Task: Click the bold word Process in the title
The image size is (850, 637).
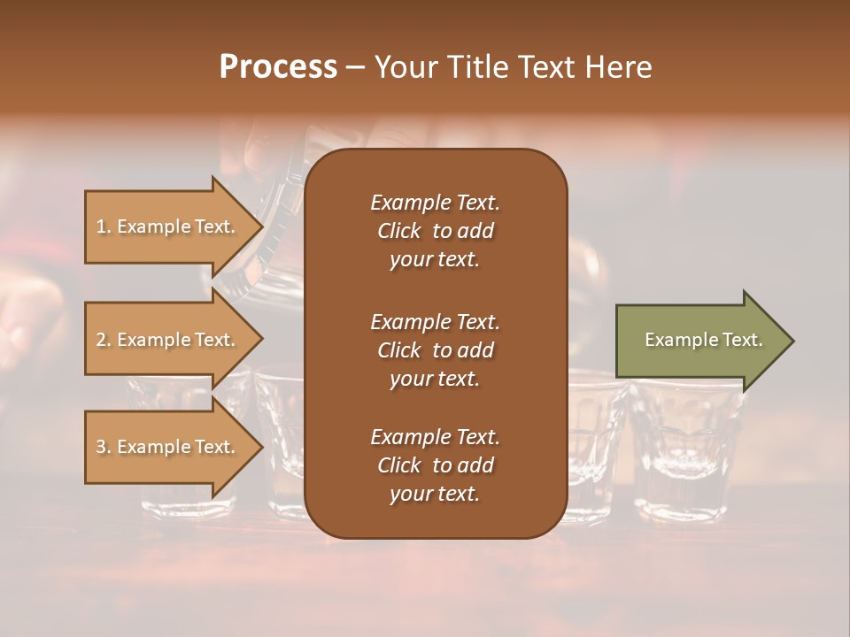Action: pos(278,67)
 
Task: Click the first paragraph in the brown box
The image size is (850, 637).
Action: pos(435,231)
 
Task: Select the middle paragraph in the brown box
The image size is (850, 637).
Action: pos(435,350)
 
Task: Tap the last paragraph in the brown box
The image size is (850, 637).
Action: pos(435,465)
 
